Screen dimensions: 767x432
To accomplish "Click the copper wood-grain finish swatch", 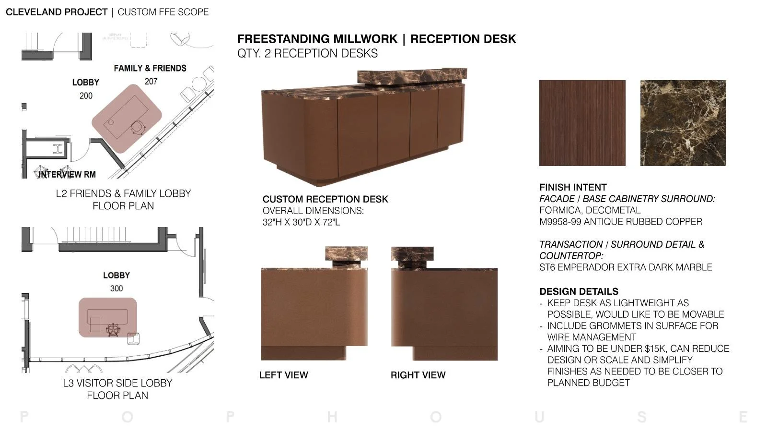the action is (582, 123).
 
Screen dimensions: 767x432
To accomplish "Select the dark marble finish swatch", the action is (683, 123).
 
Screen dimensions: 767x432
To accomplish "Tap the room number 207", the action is (151, 82).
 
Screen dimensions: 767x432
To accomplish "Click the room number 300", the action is (116, 288).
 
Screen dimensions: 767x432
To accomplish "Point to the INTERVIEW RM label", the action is (67, 174).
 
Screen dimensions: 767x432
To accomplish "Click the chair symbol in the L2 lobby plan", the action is (138, 127).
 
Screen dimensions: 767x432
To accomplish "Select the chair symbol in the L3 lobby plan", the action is (113, 330).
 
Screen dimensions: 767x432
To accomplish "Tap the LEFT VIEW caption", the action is (283, 375).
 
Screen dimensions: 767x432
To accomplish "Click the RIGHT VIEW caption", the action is (418, 375).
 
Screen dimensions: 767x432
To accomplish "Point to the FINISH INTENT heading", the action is (573, 187).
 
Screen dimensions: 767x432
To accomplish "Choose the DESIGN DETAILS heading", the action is (579, 291).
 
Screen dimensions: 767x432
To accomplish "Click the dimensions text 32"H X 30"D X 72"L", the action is (301, 222).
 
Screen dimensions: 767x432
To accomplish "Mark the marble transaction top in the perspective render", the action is (412, 75).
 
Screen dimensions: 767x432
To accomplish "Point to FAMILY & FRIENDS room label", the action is (150, 68).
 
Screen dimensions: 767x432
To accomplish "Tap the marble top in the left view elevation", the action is (346, 253).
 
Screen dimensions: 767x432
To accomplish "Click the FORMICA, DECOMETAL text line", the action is (590, 210).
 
